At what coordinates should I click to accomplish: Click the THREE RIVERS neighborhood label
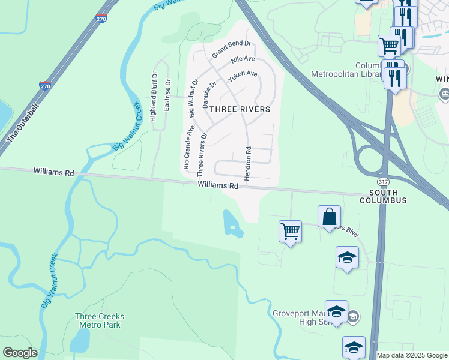pyautogui.click(x=240, y=110)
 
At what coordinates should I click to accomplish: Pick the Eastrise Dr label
pyautogui.click(x=167, y=96)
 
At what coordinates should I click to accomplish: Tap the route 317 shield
pyautogui.click(x=382, y=182)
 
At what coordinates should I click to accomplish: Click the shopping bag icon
pyautogui.click(x=330, y=217)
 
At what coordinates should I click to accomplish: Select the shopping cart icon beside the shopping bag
pyautogui.click(x=290, y=231)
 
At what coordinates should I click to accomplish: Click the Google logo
pyautogui.click(x=20, y=353)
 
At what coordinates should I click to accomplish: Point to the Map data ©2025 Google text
pyautogui.click(x=412, y=355)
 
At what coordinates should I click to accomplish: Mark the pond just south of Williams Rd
pyautogui.click(x=232, y=223)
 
